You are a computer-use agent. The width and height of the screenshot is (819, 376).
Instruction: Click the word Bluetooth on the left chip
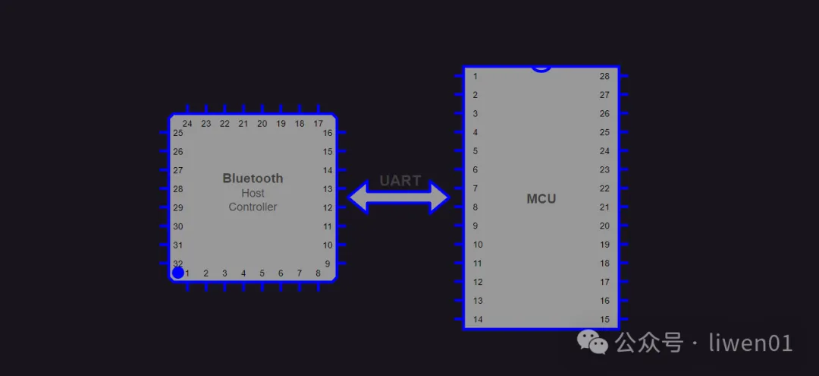tap(253, 179)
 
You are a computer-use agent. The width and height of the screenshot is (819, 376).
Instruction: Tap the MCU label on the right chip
tap(541, 199)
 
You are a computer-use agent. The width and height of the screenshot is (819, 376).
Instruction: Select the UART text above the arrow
tap(400, 181)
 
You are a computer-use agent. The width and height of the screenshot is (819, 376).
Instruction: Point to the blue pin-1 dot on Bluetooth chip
tap(177, 273)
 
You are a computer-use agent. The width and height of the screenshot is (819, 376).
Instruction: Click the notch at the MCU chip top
tap(541, 68)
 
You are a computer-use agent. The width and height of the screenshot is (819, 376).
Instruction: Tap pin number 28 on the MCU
tap(604, 76)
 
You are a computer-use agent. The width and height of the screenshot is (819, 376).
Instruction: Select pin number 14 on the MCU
tap(478, 320)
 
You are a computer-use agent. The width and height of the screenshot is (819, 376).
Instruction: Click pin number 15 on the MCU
tap(604, 320)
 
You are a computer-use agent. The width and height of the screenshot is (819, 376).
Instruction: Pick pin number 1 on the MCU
tap(475, 76)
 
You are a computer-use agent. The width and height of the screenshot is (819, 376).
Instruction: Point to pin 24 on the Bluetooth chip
tap(187, 124)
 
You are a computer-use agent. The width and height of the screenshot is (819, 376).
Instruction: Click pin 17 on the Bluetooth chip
tap(318, 124)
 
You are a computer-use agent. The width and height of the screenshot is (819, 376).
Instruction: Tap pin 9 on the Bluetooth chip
tap(328, 264)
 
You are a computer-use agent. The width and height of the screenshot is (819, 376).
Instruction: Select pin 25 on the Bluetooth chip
tap(177, 133)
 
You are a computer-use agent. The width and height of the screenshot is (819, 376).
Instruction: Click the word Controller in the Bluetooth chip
tap(253, 207)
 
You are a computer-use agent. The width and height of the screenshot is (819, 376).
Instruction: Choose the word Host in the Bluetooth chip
tap(253, 193)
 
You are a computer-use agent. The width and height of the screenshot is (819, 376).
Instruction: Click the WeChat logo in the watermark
tap(593, 343)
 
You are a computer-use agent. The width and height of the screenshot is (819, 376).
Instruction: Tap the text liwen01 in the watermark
tap(750, 343)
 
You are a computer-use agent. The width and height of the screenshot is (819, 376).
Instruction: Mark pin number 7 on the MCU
tap(475, 188)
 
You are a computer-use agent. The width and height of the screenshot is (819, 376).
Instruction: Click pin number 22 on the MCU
tap(604, 188)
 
